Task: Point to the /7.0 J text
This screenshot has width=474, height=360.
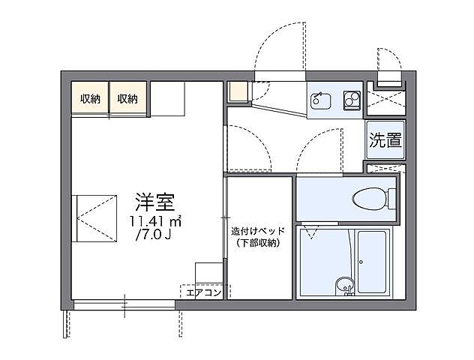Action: click(155, 237)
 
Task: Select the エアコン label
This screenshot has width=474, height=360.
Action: click(202, 292)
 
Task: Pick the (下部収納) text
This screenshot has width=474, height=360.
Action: click(257, 244)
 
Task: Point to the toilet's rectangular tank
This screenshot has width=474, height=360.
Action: click(391, 199)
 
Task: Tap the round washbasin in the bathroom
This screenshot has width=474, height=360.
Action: click(343, 284)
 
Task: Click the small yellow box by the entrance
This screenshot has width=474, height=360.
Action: click(237, 92)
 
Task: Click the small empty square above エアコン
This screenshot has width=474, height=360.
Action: click(208, 272)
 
